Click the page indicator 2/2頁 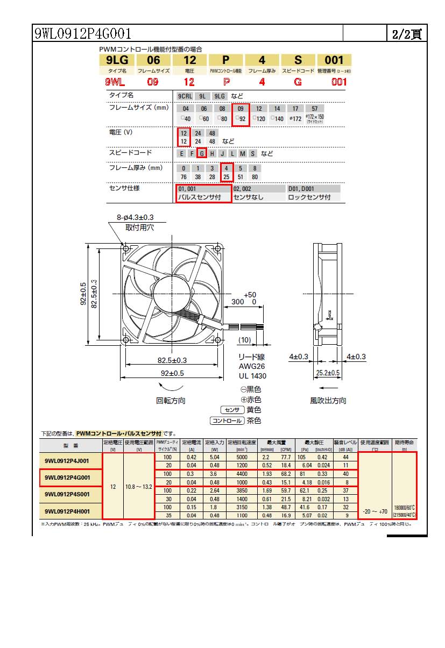pyautogui.click(x=407, y=34)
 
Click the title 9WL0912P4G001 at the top pyautogui.click(x=83, y=34)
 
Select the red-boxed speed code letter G pyautogui.click(x=202, y=153)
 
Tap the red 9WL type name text pyautogui.click(x=115, y=82)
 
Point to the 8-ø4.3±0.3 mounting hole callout pyautogui.click(x=136, y=217)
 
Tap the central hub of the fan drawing pyautogui.click(x=171, y=294)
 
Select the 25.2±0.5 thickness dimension pyautogui.click(x=328, y=373)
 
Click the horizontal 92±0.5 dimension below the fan pyautogui.click(x=171, y=373)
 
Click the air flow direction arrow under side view pyautogui.click(x=328, y=387)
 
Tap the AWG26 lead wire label pyautogui.click(x=252, y=366)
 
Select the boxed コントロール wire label pyautogui.click(x=227, y=421)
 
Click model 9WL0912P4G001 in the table pyautogui.click(x=67, y=478)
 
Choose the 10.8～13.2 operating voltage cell pyautogui.click(x=139, y=486)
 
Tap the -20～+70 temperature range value pyautogui.click(x=375, y=511)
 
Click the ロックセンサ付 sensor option pyautogui.click(x=309, y=197)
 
